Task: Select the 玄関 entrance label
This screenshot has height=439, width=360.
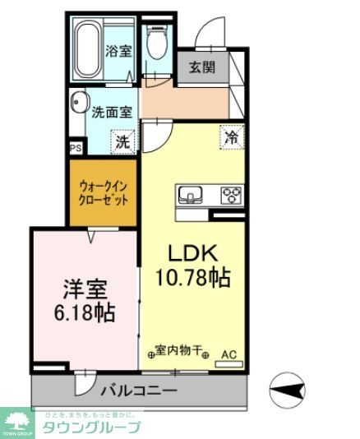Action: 201,68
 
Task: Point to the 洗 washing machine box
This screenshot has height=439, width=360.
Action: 122,141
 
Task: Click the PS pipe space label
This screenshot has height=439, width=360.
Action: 76,149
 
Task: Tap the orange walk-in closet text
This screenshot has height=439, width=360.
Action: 103,192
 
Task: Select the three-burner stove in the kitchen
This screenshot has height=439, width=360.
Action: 231,196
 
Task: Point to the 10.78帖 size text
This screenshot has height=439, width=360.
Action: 193,278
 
